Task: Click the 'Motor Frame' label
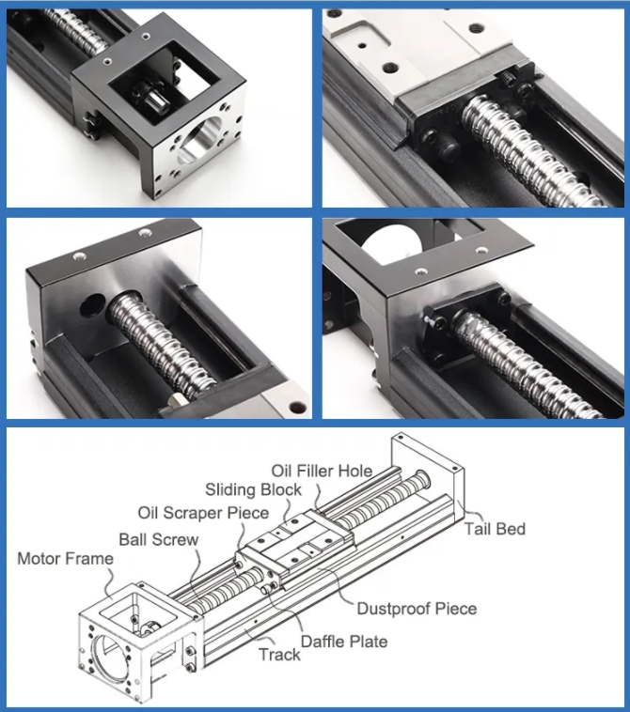click(x=65, y=560)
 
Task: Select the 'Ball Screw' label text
click(x=158, y=539)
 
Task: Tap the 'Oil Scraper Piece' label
click(x=203, y=513)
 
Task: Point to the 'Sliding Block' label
click(x=254, y=489)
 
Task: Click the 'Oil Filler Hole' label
click(x=322, y=470)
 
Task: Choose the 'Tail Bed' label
click(x=495, y=529)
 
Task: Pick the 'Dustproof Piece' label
click(x=416, y=609)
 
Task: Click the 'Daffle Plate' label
click(x=343, y=642)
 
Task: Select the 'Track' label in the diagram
click(x=279, y=654)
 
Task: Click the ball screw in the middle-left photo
click(x=160, y=348)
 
